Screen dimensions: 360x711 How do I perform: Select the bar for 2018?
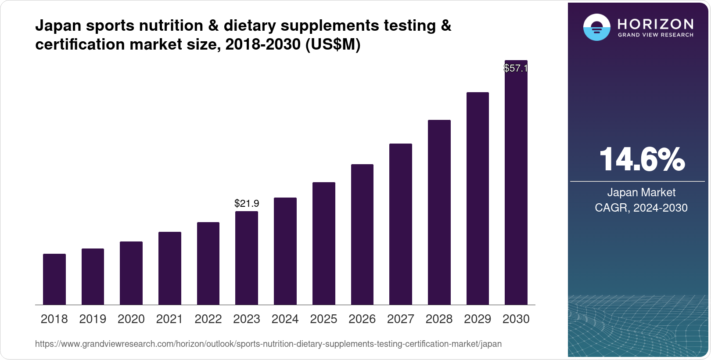(x=54, y=279)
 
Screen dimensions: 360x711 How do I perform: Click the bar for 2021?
(x=170, y=268)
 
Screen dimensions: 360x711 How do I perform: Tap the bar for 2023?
(x=247, y=258)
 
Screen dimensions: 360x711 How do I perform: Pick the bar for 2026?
(x=362, y=234)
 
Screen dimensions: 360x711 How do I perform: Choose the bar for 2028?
(x=439, y=212)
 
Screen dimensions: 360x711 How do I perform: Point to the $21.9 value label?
(x=247, y=203)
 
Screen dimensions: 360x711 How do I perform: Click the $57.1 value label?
(x=515, y=68)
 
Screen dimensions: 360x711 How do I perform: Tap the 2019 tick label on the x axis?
(x=93, y=319)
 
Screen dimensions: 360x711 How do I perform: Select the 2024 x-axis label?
(x=285, y=319)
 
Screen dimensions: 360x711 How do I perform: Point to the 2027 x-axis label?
(x=400, y=319)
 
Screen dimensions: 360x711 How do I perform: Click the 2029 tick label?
(x=478, y=319)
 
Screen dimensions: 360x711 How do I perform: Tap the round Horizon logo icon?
(x=596, y=28)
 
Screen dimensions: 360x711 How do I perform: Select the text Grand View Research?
(x=655, y=35)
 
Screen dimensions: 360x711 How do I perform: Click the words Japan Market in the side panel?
(x=641, y=192)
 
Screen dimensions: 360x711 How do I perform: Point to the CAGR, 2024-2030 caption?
(x=641, y=208)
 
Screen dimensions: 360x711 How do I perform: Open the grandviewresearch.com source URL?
(x=268, y=344)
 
